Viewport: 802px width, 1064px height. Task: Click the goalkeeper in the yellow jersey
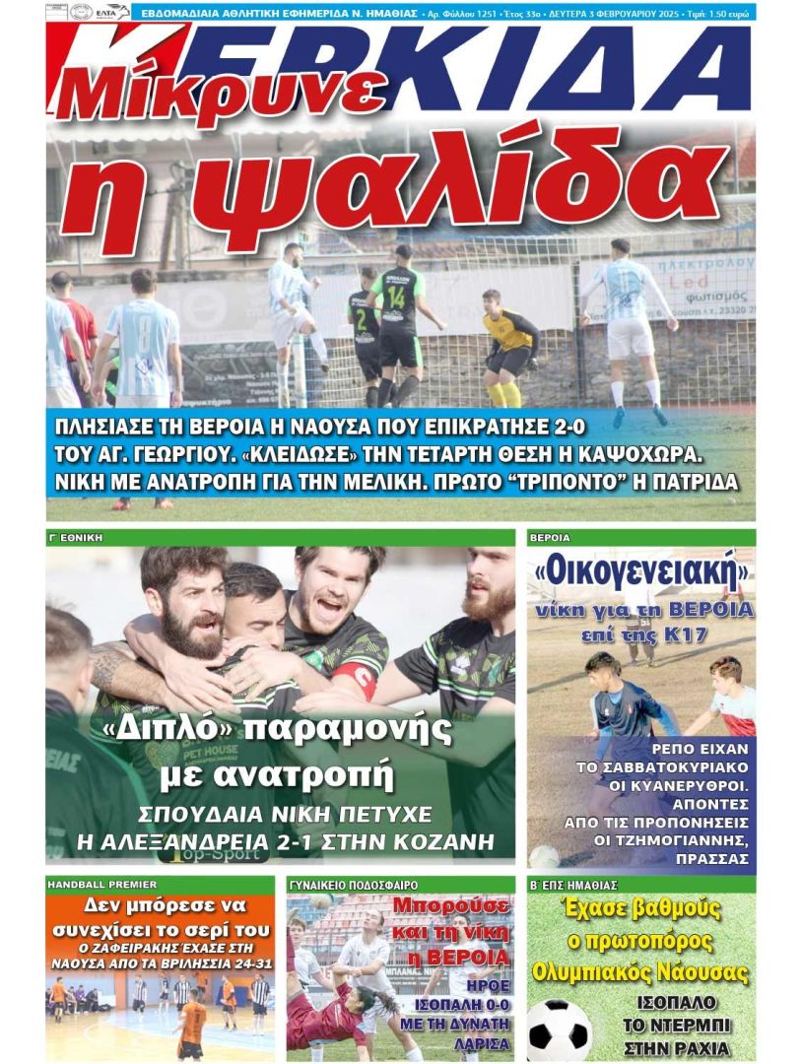509,346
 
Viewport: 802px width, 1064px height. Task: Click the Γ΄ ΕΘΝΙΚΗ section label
76,538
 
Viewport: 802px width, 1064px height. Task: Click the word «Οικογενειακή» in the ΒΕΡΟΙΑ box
640,570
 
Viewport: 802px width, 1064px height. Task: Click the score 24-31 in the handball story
243,963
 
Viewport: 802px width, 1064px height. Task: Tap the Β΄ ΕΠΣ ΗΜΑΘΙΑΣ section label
573,885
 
